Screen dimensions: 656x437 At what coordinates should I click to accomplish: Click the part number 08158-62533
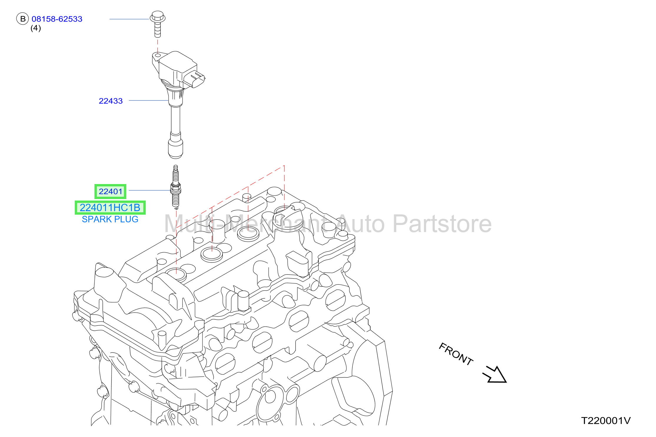(57, 19)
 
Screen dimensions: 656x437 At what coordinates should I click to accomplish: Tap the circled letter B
(22, 19)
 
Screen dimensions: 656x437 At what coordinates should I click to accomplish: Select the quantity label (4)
(36, 28)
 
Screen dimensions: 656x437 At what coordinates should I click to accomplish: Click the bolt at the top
(157, 24)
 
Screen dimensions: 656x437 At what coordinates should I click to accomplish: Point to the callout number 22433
(111, 101)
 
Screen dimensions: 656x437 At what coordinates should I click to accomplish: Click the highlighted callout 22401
(110, 191)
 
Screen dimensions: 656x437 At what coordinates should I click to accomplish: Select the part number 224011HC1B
(110, 208)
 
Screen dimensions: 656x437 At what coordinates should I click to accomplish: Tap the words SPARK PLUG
(110, 219)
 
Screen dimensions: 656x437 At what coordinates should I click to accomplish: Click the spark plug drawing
(176, 187)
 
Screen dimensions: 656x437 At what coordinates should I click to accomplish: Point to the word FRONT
(456, 354)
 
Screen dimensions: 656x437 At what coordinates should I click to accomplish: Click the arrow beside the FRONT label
(495, 375)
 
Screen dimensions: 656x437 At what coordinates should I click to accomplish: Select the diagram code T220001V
(606, 421)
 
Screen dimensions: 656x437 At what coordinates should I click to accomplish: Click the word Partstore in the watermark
(442, 224)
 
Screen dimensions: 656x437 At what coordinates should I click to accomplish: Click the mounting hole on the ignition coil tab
(158, 55)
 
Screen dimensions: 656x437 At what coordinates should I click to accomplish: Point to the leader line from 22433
(149, 100)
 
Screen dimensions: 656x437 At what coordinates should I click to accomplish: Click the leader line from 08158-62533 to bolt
(129, 19)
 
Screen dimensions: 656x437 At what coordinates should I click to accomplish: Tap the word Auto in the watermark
(361, 224)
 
